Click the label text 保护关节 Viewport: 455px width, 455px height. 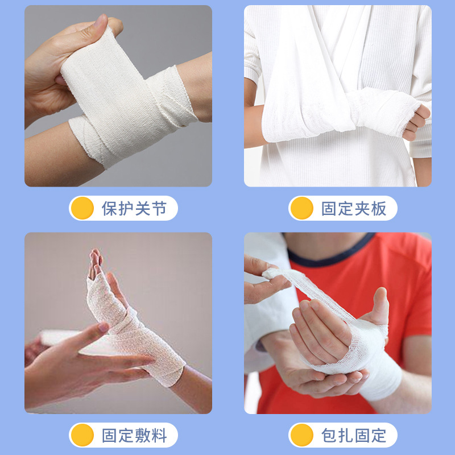[134, 209]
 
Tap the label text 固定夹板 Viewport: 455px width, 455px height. [354, 209]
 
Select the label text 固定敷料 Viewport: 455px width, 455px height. [134, 436]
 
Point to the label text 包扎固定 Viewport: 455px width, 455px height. [354, 436]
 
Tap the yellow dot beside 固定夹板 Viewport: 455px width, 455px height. [302, 209]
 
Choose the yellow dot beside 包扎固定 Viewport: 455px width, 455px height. [302, 436]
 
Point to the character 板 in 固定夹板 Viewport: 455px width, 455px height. [379, 209]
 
